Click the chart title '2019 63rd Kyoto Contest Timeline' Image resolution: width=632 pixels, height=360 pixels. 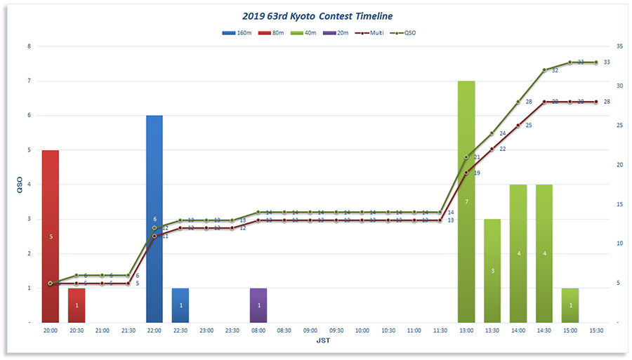pos(317,15)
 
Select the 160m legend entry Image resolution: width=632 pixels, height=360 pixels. pos(236,33)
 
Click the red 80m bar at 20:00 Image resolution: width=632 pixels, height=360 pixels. pos(51,236)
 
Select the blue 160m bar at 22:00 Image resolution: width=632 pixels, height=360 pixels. pos(154,219)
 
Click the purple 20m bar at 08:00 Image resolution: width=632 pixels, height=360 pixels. pos(258,305)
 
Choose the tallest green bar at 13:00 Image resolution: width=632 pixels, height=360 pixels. pos(466,201)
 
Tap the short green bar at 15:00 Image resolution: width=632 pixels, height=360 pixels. pos(570,305)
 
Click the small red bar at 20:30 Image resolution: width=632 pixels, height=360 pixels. pos(77,305)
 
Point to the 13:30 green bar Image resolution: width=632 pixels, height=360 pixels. pos(492,271)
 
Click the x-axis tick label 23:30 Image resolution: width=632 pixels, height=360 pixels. pos(232,330)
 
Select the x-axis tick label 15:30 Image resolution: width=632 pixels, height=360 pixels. pos(596,330)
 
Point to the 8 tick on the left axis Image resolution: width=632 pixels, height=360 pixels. pos(29,46)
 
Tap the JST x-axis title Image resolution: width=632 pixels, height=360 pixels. pos(323,341)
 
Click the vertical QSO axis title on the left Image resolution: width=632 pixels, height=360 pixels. pos(20,184)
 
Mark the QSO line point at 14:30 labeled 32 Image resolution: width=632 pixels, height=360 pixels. pos(544,70)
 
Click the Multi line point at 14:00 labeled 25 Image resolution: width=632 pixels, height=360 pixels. pos(518,125)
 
